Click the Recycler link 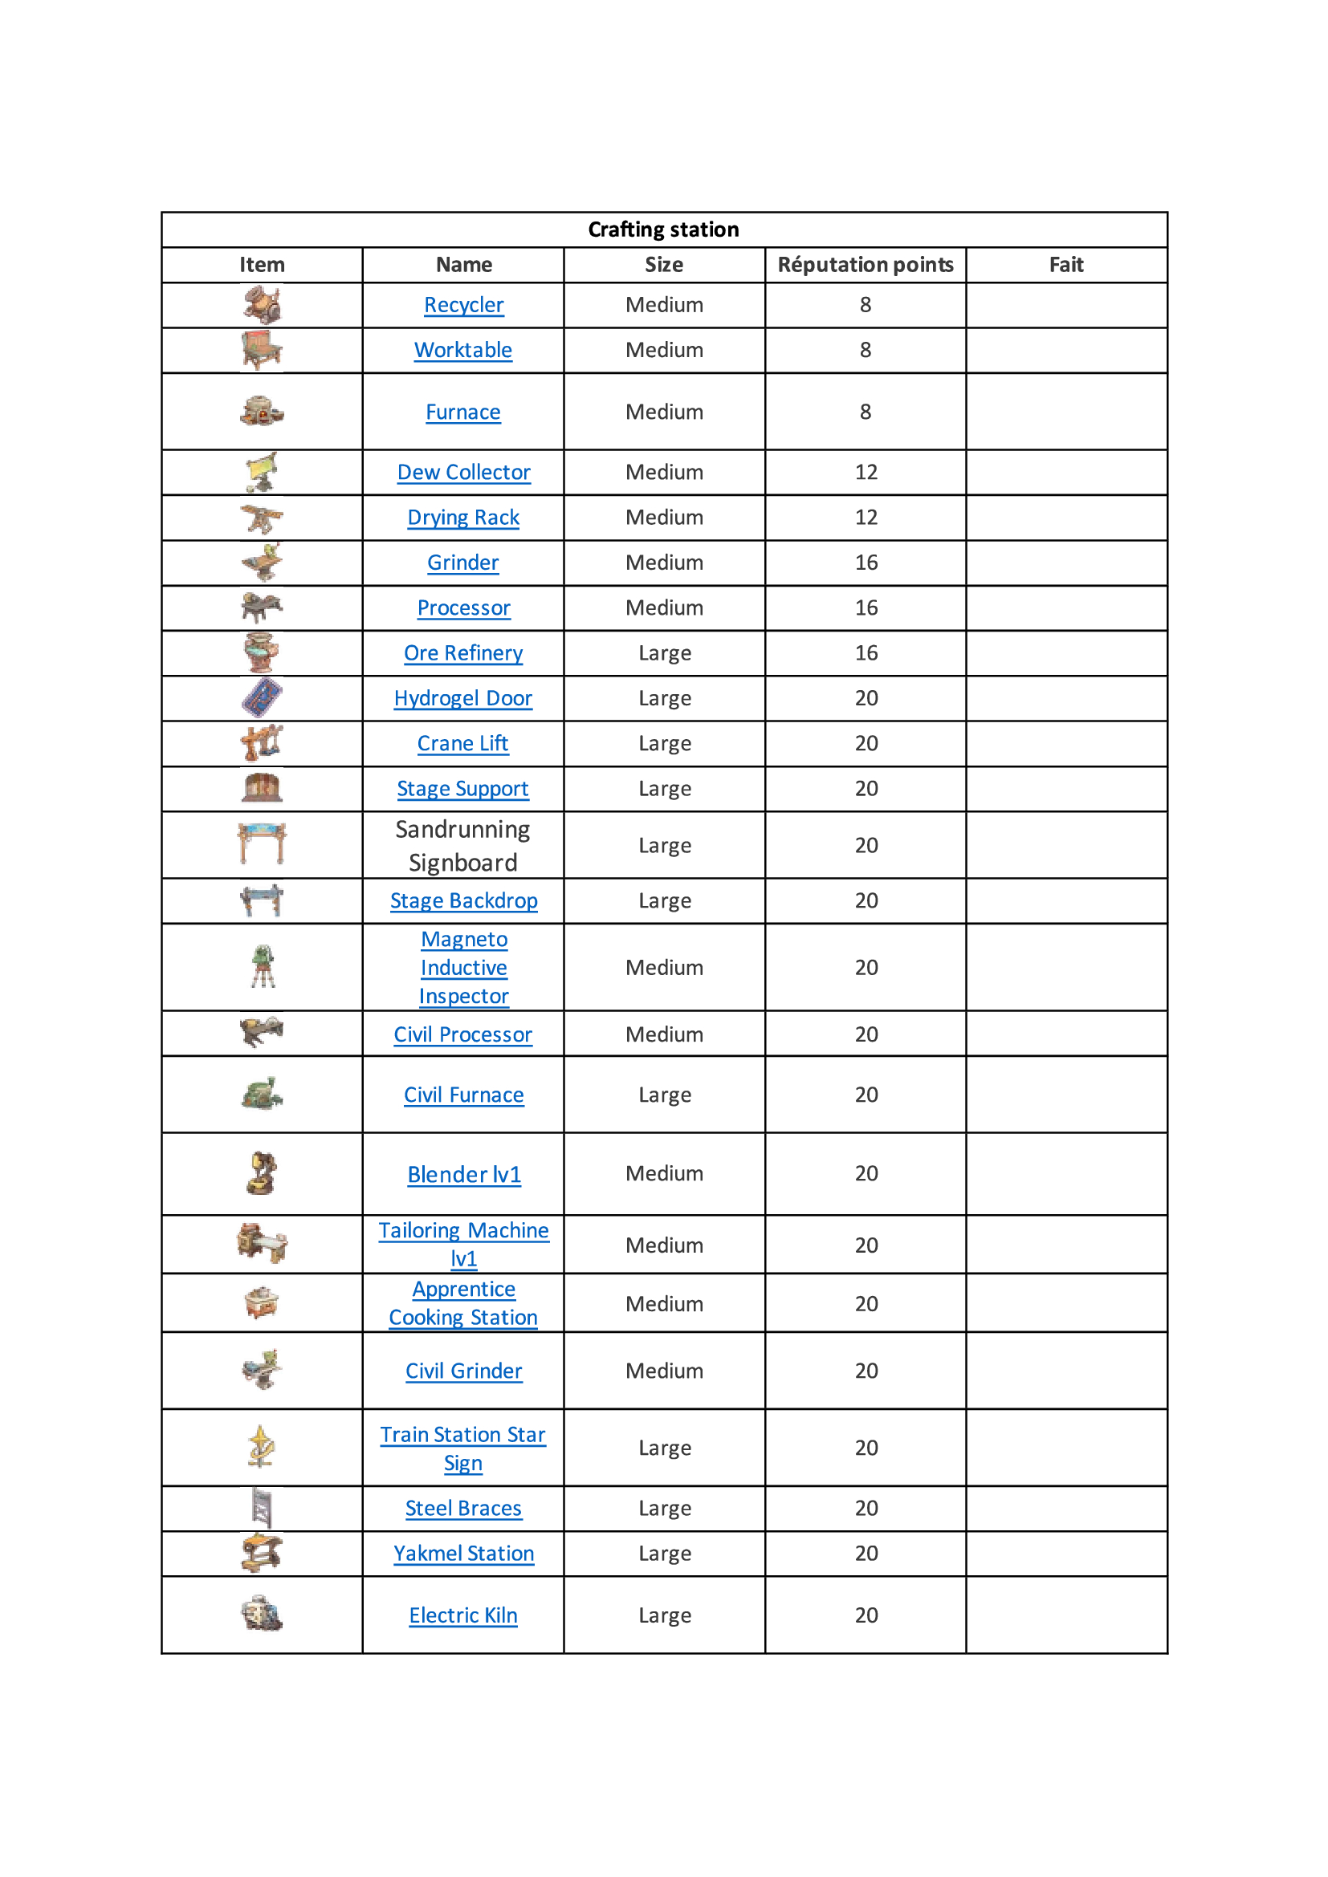(x=463, y=305)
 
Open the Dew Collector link (x=463, y=473)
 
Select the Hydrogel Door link (x=462, y=698)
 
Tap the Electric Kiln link (x=462, y=1615)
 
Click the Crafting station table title (x=663, y=230)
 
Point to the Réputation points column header (x=866, y=265)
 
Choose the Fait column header (x=1065, y=265)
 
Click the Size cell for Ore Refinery (x=664, y=653)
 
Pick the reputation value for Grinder (x=866, y=563)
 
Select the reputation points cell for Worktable (x=866, y=350)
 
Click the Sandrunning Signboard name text (x=462, y=846)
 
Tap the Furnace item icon (x=262, y=411)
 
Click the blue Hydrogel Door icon (x=262, y=698)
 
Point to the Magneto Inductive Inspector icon (x=263, y=966)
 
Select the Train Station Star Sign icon (x=262, y=1447)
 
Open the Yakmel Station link (x=463, y=1554)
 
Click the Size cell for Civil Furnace (x=664, y=1095)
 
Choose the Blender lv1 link (x=463, y=1174)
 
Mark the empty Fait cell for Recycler (x=1065, y=305)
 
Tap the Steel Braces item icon (x=262, y=1508)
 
